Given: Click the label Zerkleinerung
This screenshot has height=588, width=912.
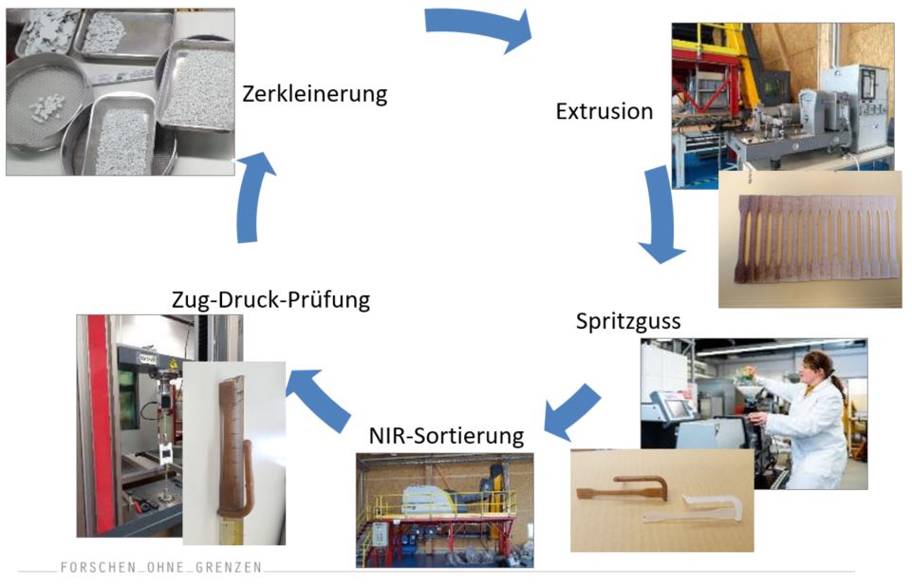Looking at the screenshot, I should point(314,95).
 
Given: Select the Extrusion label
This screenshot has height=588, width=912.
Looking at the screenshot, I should point(604,112).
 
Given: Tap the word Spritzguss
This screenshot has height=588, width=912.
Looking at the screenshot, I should point(627,321).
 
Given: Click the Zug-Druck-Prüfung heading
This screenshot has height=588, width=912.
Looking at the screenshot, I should point(270,300).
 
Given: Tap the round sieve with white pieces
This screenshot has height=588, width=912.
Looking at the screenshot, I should point(47,104).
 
